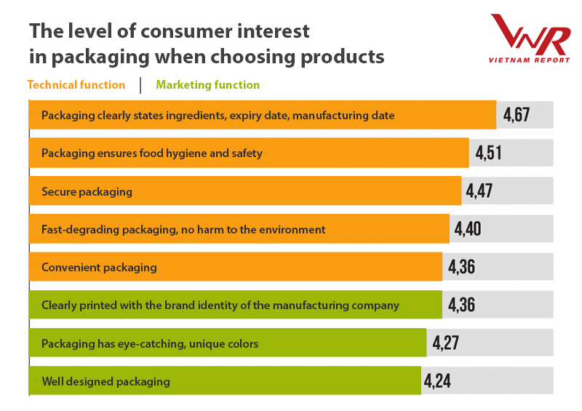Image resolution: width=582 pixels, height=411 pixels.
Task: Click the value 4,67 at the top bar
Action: [x=516, y=115]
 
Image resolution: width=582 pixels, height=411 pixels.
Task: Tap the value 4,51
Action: [x=489, y=153]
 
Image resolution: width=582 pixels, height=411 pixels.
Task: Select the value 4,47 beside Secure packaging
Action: [x=480, y=191]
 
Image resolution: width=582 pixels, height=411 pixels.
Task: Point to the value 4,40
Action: [x=468, y=229]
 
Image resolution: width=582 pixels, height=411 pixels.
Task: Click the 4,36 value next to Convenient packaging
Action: [x=461, y=267]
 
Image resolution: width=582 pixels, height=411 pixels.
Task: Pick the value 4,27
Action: [x=445, y=343]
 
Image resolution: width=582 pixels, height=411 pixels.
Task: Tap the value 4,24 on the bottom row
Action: [x=439, y=380]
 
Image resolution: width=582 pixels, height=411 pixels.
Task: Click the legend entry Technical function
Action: [x=76, y=85]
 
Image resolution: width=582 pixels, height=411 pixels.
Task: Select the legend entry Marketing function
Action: [x=208, y=85]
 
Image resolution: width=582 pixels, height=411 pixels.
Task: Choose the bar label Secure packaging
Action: [x=87, y=191]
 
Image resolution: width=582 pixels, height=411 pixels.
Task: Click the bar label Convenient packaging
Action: [x=99, y=267]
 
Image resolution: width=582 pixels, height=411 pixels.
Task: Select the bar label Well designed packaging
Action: [x=105, y=381]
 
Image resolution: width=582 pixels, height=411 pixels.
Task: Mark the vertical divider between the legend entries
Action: [x=140, y=85]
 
